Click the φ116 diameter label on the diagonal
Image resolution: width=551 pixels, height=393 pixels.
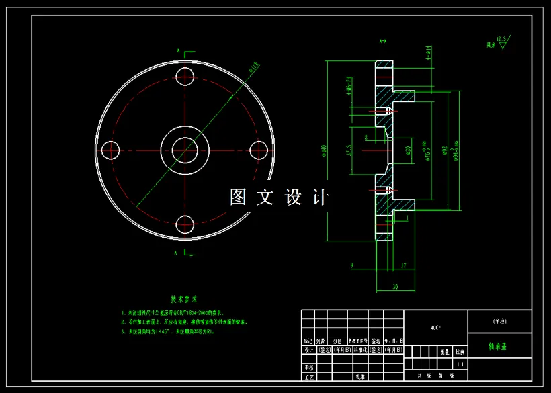click(x=253, y=67)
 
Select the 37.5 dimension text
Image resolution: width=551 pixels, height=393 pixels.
click(x=349, y=149)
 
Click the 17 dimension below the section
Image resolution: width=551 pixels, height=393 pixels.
click(x=403, y=266)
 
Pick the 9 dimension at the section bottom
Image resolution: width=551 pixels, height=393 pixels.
click(x=352, y=266)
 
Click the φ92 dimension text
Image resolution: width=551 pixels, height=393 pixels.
click(x=444, y=149)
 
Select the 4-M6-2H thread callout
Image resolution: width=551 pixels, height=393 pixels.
click(x=349, y=87)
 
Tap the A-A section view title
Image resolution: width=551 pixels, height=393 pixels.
click(x=382, y=42)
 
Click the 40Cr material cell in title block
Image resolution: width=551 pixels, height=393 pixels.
click(x=435, y=328)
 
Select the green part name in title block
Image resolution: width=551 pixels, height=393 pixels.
click(x=498, y=348)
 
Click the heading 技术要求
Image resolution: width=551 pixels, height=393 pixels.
click(x=183, y=299)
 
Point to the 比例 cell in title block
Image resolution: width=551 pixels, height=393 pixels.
click(x=460, y=351)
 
